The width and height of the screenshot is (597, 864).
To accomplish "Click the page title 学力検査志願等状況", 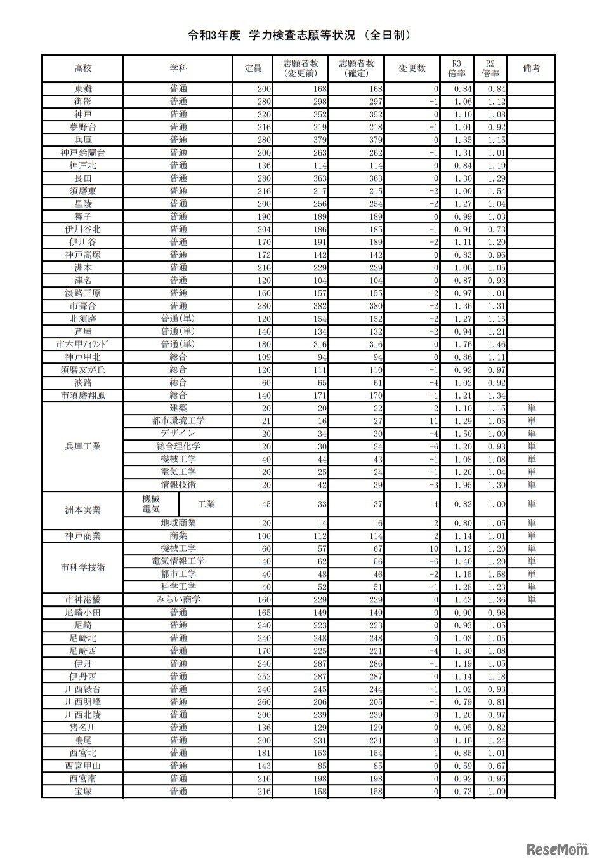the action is pos(298,36).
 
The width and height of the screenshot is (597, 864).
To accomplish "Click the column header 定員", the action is pos(253,69).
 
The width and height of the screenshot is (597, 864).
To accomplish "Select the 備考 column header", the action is pos(531,69).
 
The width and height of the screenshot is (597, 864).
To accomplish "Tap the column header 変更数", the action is pos(412,69).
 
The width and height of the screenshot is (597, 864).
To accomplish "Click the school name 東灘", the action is pos(82,89).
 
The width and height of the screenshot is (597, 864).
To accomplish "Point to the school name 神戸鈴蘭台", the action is pos(82,152).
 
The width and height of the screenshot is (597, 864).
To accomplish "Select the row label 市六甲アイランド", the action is pos(82,344).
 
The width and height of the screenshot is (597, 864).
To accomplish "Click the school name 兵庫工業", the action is pos(82,446).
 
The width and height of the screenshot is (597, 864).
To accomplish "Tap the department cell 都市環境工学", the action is pos(178,421).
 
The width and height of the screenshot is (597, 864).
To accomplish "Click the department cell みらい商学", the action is pos(178,599).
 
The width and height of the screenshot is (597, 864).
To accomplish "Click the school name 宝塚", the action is pos(82,791).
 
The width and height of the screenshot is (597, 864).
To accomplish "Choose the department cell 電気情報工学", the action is pos(178,561).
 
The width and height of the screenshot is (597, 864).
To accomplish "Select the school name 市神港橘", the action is pos(82,599).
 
